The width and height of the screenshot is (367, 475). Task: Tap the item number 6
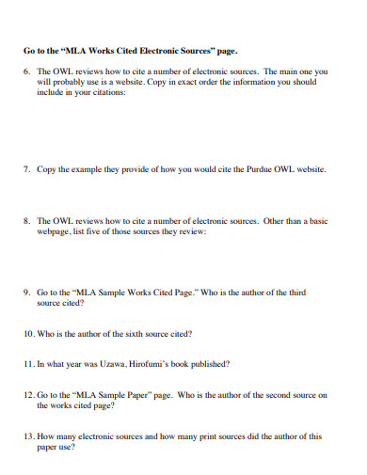click(x=26, y=71)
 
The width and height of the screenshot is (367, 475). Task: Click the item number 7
click(x=26, y=170)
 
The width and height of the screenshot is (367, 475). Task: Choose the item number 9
click(x=26, y=293)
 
